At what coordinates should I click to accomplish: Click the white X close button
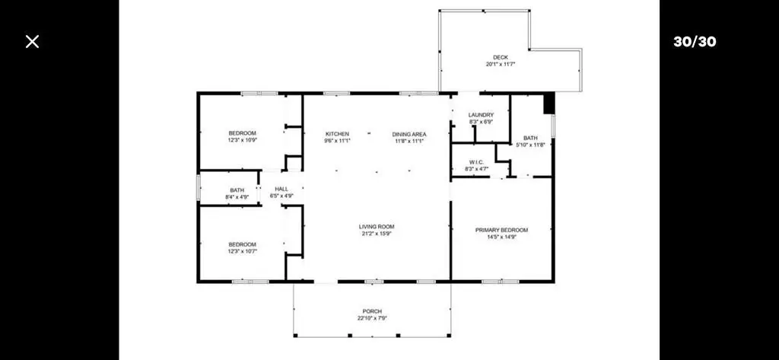[32, 41]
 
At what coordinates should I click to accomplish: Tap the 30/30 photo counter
[695, 41]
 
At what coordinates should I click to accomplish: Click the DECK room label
[501, 57]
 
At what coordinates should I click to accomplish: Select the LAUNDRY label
[481, 115]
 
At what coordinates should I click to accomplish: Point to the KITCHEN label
[337, 134]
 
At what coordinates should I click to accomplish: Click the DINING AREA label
[409, 134]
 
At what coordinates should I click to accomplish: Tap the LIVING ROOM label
[377, 227]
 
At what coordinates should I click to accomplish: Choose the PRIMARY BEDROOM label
[502, 230]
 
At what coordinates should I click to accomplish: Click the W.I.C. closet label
[476, 163]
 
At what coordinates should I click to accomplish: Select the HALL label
[281, 189]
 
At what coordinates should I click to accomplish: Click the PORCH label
[372, 311]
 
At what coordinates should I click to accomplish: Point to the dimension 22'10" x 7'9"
[372, 318]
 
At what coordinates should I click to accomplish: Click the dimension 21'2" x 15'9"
[377, 233]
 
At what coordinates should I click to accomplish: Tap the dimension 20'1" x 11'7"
[501, 64]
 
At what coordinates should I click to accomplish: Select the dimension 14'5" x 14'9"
[502, 237]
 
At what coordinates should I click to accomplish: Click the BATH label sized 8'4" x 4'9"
[237, 190]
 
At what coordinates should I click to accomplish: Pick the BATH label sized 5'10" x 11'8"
[530, 138]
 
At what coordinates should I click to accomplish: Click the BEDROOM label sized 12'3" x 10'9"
[243, 132]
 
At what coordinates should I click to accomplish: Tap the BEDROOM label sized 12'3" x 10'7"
[243, 244]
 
